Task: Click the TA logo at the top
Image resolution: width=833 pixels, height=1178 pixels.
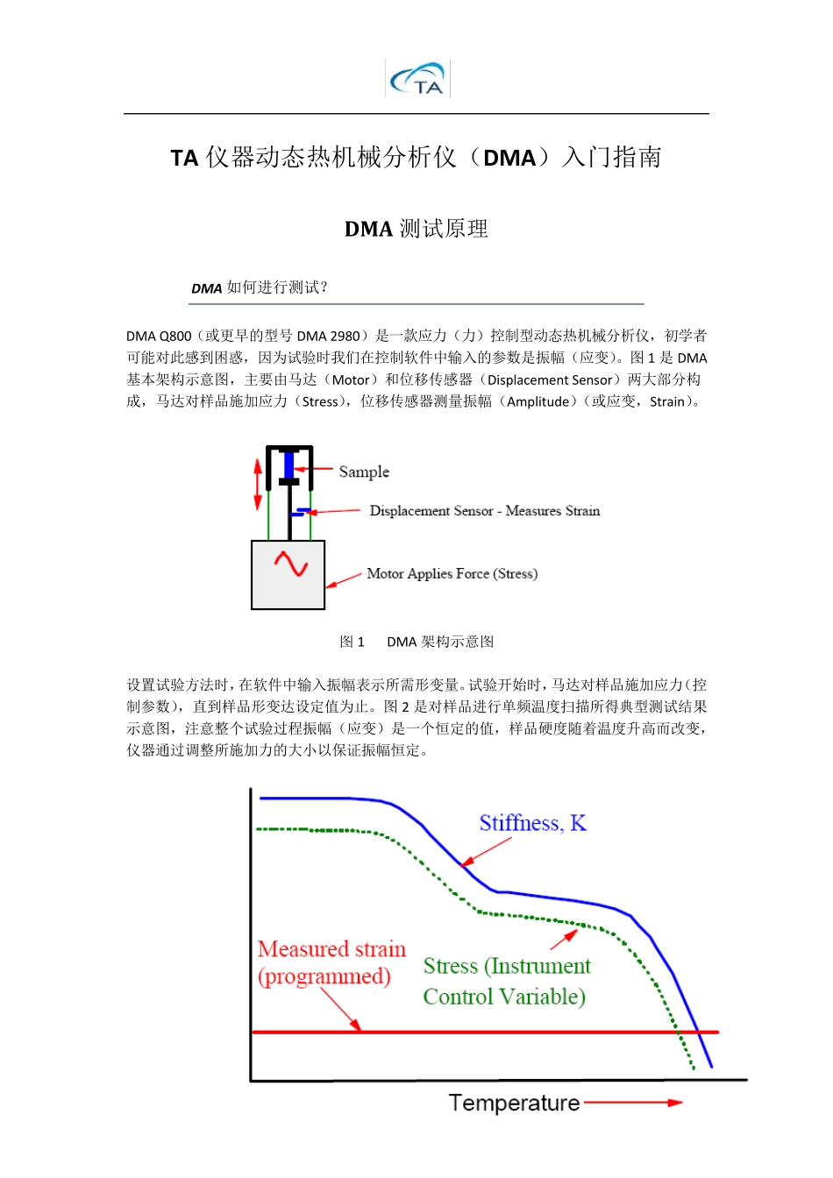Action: tap(418, 79)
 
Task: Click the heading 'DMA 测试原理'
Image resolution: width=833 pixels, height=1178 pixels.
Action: tap(416, 229)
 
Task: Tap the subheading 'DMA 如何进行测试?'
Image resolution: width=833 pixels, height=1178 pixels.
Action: tap(260, 287)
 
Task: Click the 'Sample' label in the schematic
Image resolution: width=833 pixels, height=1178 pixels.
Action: tap(364, 472)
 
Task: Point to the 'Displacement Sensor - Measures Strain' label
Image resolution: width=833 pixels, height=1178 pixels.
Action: tap(484, 511)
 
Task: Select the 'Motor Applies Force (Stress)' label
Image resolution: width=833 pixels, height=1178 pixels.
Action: tap(452, 574)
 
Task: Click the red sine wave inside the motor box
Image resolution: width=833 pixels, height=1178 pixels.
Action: tap(290, 564)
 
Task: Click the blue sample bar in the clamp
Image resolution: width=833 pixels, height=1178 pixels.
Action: tap(288, 464)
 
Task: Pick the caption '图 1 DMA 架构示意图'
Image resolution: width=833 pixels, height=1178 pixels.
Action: tap(416, 642)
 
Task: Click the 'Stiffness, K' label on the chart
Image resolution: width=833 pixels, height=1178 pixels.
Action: tap(532, 823)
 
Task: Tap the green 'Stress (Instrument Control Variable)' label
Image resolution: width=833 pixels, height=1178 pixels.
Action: tap(506, 981)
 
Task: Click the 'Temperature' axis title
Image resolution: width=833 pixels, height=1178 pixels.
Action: tap(514, 1103)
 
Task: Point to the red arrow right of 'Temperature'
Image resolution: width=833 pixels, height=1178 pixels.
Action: tap(633, 1103)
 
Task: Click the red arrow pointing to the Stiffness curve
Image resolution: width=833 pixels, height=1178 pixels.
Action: tap(486, 852)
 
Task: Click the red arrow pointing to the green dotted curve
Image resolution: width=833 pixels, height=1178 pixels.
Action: tap(565, 939)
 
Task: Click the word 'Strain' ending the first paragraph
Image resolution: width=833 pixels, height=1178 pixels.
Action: tap(666, 401)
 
